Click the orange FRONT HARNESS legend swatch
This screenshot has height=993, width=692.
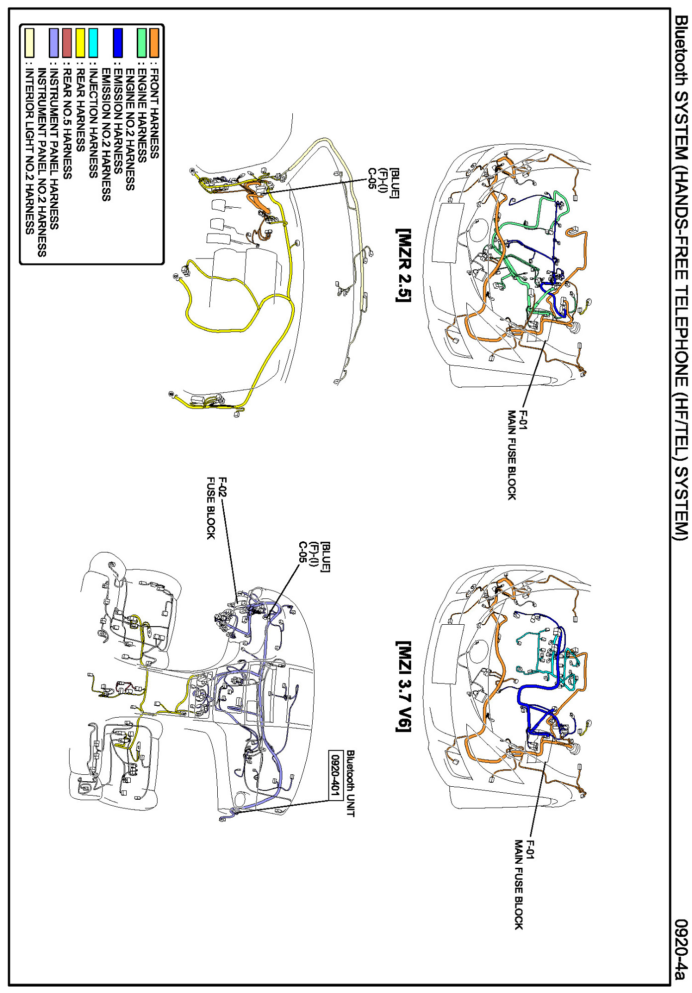click(x=155, y=43)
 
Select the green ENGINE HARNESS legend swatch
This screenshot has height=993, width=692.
click(x=142, y=43)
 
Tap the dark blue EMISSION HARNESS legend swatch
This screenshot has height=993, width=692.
click(x=118, y=43)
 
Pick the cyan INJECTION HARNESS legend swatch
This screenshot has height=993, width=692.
click(x=93, y=43)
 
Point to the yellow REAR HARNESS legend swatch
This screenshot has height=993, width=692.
click(x=80, y=43)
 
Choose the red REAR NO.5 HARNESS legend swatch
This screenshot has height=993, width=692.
click(x=67, y=43)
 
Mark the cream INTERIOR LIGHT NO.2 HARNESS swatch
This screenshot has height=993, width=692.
click(x=29, y=43)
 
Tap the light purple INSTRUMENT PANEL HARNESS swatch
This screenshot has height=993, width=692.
click(x=54, y=43)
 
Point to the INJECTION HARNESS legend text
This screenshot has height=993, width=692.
click(x=93, y=124)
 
